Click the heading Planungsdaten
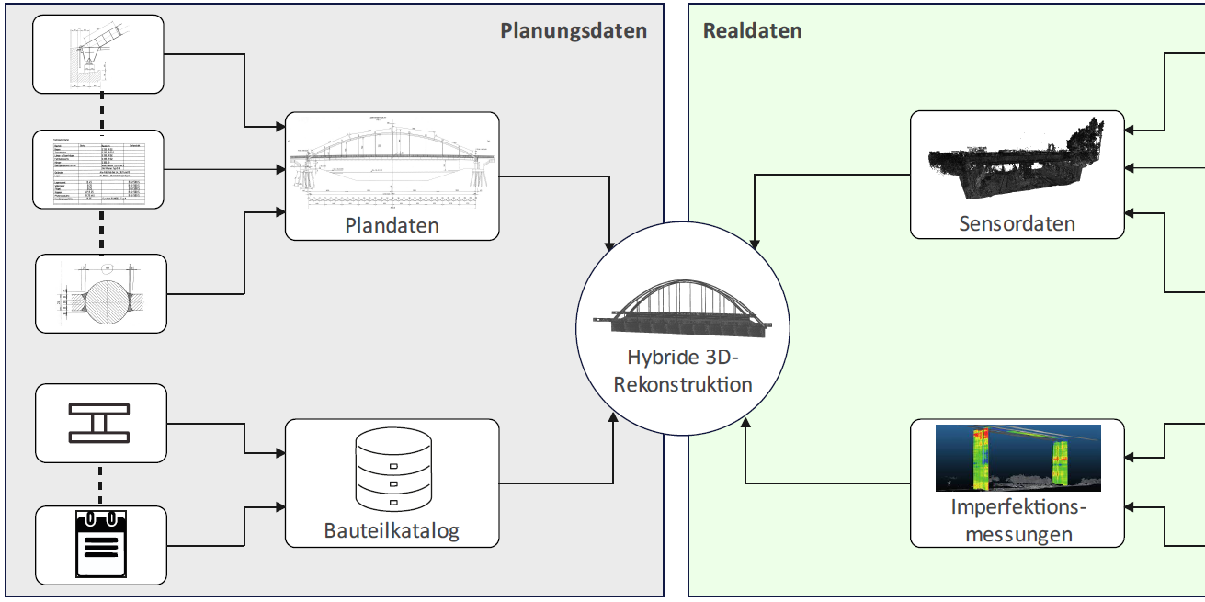(574, 30)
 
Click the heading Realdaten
(752, 30)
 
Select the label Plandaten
(392, 225)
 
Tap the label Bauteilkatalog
(392, 530)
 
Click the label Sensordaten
(1017, 223)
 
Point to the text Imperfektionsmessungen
(1017, 520)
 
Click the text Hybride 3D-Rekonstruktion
(682, 370)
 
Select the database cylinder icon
(392, 471)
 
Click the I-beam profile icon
(100, 423)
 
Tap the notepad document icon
(100, 543)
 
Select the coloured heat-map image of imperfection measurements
(1017, 457)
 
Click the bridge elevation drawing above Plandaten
(392, 163)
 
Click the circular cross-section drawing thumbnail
(101, 293)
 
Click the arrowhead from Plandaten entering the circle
(611, 247)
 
